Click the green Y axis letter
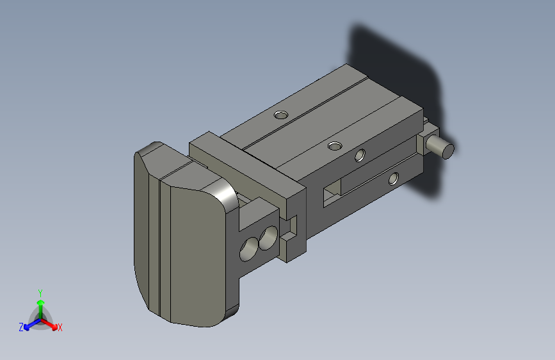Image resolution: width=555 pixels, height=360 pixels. [x=40, y=293]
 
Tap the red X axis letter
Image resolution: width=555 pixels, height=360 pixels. [x=60, y=327]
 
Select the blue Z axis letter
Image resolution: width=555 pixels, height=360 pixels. [x=21, y=327]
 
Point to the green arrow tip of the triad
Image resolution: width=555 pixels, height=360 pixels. [x=41, y=302]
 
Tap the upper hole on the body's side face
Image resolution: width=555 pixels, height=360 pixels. [x=360, y=155]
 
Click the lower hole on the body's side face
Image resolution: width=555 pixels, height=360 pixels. [x=394, y=179]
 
